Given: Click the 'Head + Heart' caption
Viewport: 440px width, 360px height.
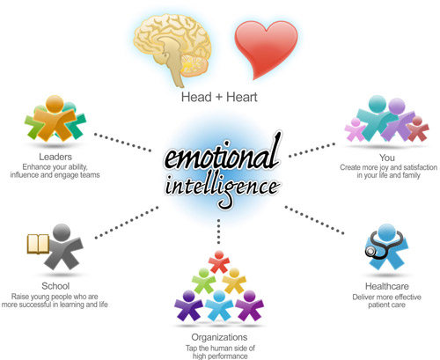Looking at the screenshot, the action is pos(219,97).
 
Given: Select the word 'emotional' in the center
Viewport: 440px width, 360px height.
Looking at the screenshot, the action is pos(222,156).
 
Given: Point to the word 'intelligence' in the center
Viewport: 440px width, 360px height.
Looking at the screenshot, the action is pos(222,187).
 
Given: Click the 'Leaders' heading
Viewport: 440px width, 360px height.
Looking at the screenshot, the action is pos(55,157).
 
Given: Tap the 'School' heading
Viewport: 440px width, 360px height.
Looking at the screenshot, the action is pos(55,286).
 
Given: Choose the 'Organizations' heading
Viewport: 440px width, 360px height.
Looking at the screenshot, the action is pos(219,337).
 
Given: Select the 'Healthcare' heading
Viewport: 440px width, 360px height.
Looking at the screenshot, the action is pos(387,286).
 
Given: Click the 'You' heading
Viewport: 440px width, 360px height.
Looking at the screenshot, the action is pos(387,158).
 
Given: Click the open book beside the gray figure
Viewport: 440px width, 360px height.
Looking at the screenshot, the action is pos(38,244).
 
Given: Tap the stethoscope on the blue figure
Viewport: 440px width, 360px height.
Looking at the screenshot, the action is pos(381,245).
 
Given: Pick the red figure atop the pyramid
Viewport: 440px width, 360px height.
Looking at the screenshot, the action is pos(219,261).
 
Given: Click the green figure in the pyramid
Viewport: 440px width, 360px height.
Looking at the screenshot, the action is pos(204,281).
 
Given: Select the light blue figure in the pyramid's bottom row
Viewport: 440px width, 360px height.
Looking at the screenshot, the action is pos(219,305).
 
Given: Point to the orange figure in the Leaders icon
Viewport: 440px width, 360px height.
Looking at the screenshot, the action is pos(55,118).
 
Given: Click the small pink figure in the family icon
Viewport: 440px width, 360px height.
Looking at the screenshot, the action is pos(355,129).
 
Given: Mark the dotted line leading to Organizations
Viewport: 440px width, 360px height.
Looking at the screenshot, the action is pos(218,231).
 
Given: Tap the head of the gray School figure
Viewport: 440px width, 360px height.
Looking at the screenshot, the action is pos(62,232).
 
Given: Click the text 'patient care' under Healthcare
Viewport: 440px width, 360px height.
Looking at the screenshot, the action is pos(387,305).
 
